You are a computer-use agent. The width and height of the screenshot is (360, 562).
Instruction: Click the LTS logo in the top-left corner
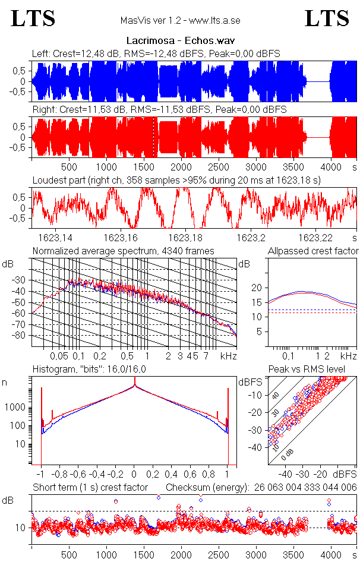point(33,19)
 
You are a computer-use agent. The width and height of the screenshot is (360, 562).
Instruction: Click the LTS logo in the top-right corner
point(327,19)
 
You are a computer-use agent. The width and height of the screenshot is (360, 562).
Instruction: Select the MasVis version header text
point(180,21)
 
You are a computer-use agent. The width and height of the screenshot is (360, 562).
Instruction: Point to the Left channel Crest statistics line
point(156,54)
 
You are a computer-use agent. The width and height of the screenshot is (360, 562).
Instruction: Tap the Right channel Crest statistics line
point(159,110)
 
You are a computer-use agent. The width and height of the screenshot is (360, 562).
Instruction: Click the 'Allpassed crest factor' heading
point(313,251)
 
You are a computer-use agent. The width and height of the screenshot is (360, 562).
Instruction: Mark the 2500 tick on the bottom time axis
point(219,554)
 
